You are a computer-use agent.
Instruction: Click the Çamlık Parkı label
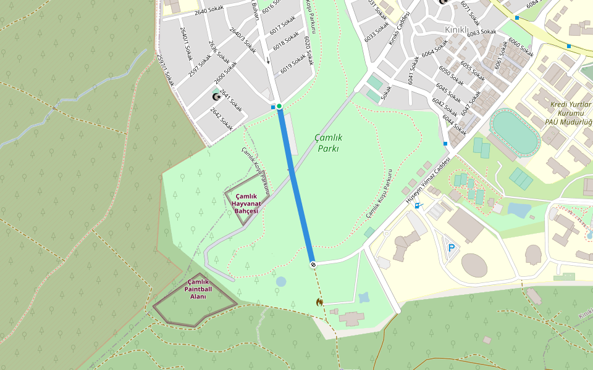click(328, 142)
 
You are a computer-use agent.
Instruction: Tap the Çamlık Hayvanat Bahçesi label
click(246, 203)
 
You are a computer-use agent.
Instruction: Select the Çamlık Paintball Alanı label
click(198, 289)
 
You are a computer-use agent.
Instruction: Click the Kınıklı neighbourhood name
click(457, 29)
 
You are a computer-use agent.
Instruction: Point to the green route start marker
click(279, 107)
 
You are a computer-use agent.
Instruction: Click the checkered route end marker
click(313, 265)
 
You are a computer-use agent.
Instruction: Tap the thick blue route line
click(296, 185)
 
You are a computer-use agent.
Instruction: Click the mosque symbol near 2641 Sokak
click(216, 96)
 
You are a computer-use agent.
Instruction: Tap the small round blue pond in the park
click(281, 282)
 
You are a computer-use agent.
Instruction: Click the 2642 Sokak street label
click(221, 119)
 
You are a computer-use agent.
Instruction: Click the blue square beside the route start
click(273, 107)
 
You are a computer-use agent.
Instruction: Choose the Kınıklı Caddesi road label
click(399, 28)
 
